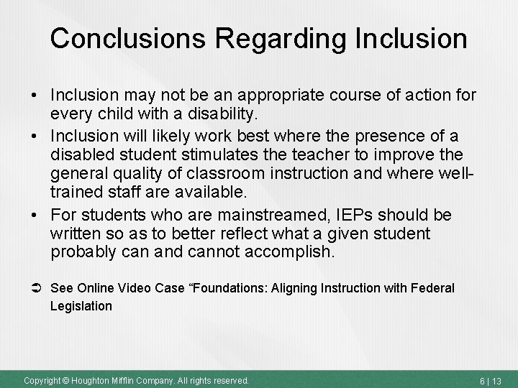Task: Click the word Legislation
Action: pos(81,306)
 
